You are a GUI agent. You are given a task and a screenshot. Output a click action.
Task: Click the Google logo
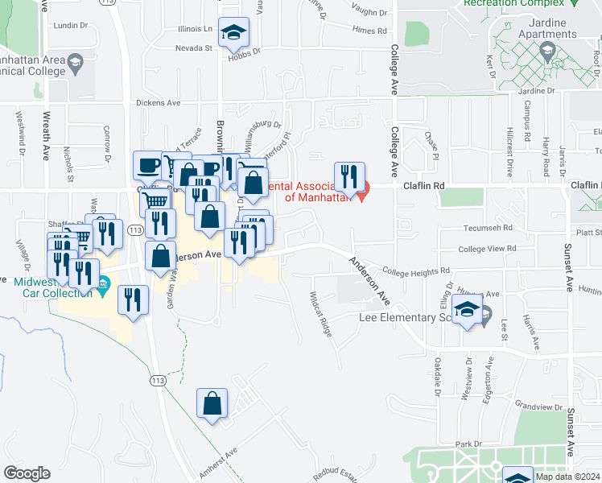click(27, 473)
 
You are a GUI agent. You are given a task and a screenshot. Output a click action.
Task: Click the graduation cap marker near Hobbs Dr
click(234, 33)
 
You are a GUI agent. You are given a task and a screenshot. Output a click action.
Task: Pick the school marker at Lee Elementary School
click(467, 311)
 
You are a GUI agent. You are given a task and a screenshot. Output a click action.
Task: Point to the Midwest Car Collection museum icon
click(103, 284)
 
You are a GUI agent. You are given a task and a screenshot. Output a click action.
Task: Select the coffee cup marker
click(149, 166)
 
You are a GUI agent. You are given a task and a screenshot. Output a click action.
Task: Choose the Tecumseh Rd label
click(482, 229)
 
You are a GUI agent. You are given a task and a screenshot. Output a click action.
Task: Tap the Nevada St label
click(193, 47)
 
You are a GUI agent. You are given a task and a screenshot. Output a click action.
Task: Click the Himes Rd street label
click(369, 30)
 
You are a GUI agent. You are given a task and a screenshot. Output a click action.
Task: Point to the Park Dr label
click(467, 444)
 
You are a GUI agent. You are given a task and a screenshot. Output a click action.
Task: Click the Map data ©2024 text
click(567, 477)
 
